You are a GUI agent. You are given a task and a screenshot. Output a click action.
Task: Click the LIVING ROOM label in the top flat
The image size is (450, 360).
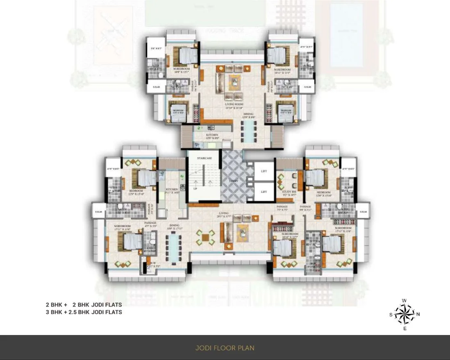[234, 104]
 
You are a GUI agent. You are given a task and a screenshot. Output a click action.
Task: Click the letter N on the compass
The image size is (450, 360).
[418, 315]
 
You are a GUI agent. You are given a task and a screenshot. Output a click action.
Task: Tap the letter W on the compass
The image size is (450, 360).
[405, 301]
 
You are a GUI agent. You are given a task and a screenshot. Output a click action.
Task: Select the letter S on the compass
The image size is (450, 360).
[391, 315]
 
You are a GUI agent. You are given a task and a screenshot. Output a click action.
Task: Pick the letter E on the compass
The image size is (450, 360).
[405, 328]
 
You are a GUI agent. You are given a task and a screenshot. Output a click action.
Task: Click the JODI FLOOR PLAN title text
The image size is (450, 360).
[225, 348]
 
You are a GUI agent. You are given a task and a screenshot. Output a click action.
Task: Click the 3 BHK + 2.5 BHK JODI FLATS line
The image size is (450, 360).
[84, 312]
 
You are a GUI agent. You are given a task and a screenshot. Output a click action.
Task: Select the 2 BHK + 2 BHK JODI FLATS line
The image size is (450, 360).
[84, 305]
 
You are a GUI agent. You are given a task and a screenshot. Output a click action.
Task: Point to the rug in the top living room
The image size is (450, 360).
[234, 84]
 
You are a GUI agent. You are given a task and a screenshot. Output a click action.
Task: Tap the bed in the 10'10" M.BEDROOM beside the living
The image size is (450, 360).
[283, 248]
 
